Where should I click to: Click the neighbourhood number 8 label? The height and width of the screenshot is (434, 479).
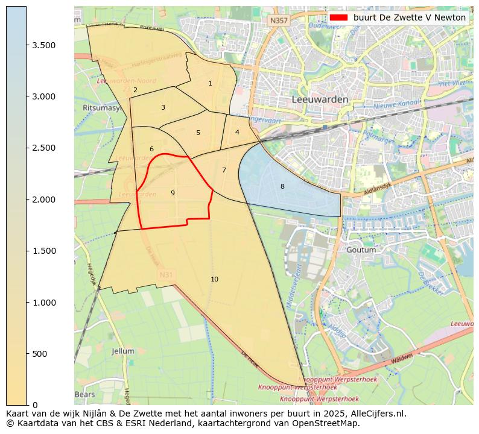(282, 187)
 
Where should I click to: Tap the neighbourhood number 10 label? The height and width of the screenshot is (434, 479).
(214, 279)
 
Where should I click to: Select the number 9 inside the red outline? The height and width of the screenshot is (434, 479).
(173, 193)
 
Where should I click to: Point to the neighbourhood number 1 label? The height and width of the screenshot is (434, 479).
(210, 84)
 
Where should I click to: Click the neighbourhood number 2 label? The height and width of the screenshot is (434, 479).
(135, 90)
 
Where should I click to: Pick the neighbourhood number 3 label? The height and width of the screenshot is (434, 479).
(163, 108)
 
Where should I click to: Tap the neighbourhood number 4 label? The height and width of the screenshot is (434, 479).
(237, 132)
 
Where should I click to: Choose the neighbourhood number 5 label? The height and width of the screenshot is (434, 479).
(198, 133)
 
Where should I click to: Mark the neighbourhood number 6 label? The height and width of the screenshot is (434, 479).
(151, 149)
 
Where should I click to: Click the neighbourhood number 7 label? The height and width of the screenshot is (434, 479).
(224, 171)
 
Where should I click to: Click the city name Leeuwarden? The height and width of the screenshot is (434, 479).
(320, 99)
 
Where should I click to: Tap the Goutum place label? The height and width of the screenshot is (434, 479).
(361, 250)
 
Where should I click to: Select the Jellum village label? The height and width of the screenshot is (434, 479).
(123, 351)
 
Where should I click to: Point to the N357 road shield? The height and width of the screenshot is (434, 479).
(279, 20)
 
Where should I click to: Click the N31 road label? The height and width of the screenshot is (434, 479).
(166, 275)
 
